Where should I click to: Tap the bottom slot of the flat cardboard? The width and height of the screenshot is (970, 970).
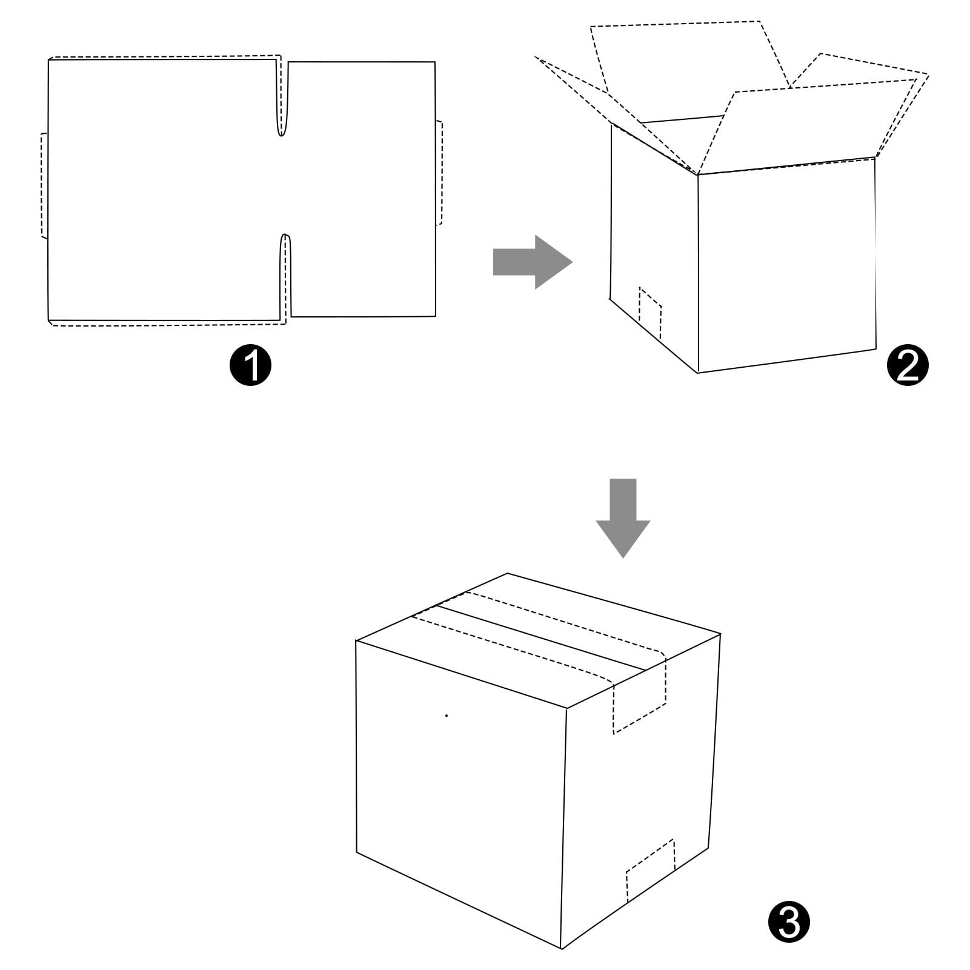[285, 273]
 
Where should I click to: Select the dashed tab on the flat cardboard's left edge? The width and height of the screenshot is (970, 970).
[44, 185]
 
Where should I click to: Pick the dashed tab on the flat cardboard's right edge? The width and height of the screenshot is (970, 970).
[439, 173]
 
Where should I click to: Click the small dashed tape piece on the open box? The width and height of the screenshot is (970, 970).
[650, 313]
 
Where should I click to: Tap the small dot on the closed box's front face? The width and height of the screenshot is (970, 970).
[447, 716]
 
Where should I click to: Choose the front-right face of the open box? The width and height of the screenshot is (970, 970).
[786, 267]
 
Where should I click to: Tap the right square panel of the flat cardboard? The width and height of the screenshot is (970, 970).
[362, 189]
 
